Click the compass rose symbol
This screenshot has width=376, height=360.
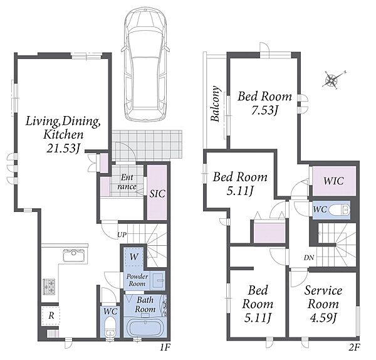(x=333, y=80)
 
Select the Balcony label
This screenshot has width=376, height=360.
(x=216, y=103)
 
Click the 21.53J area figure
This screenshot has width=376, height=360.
(x=63, y=148)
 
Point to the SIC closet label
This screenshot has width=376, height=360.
(x=157, y=193)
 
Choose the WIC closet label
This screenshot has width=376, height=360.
(x=333, y=181)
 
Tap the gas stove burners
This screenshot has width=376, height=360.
(x=49, y=287)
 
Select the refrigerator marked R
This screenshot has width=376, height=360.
(x=51, y=315)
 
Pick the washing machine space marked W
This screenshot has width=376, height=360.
(x=133, y=257)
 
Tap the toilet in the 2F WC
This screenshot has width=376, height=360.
(x=339, y=210)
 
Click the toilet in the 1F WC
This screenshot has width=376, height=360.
(x=110, y=326)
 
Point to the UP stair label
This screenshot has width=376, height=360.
(x=122, y=235)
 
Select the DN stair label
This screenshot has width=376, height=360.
(x=309, y=258)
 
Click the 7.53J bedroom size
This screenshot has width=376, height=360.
(x=264, y=110)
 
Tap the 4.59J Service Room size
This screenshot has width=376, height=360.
(x=323, y=318)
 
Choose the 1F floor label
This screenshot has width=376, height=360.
(x=165, y=347)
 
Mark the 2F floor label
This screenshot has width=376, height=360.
(x=355, y=347)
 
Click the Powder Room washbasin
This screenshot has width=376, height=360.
(x=159, y=280)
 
